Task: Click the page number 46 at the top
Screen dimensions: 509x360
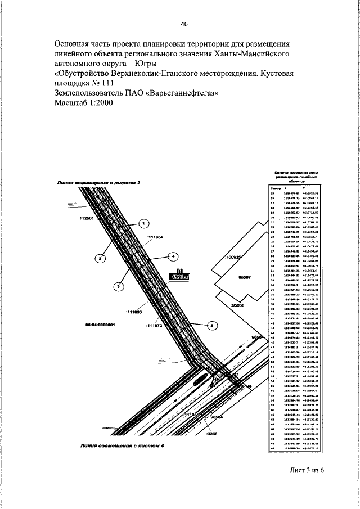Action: pyautogui.click(x=184, y=24)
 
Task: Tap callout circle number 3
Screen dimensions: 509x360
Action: pyautogui.click(x=119, y=287)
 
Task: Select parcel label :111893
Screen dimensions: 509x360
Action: pyautogui.click(x=134, y=311)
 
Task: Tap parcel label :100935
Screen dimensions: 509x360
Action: pyautogui.click(x=232, y=257)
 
